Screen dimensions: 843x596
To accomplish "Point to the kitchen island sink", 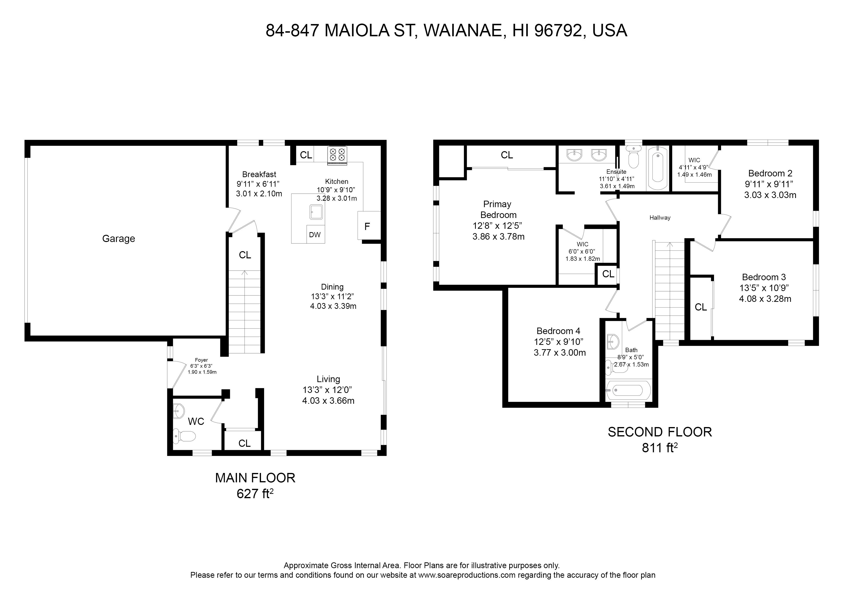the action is click(316, 212).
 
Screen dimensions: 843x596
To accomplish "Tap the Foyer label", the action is click(201, 360).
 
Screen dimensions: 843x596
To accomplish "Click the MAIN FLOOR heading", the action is click(255, 478).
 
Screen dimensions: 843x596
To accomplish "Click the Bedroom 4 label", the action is click(558, 331).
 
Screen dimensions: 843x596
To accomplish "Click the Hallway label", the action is click(660, 217).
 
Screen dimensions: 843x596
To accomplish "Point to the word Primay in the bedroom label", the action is click(497, 204).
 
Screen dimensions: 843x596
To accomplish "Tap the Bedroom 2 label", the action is click(770, 173).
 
